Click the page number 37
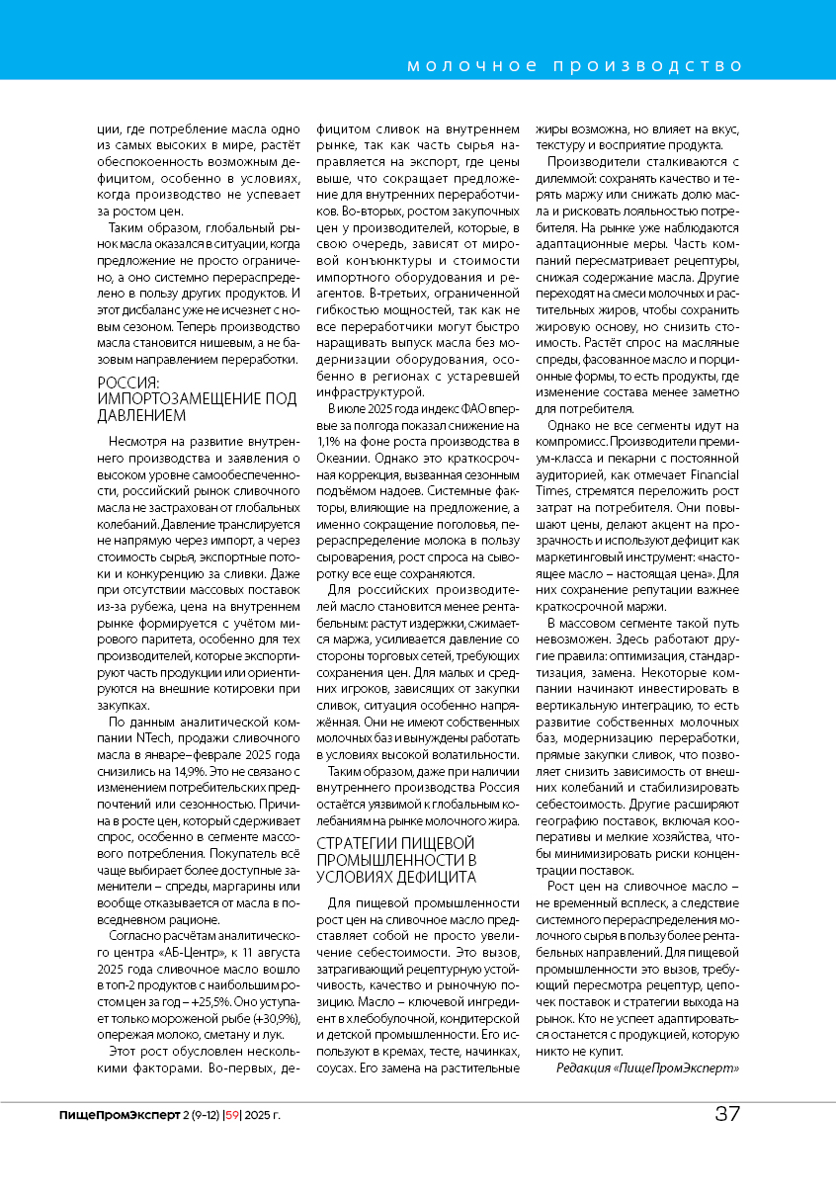click(728, 1114)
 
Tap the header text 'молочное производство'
click(575, 66)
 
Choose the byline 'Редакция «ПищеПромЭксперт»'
click(647, 1067)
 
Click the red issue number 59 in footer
click(233, 1115)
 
